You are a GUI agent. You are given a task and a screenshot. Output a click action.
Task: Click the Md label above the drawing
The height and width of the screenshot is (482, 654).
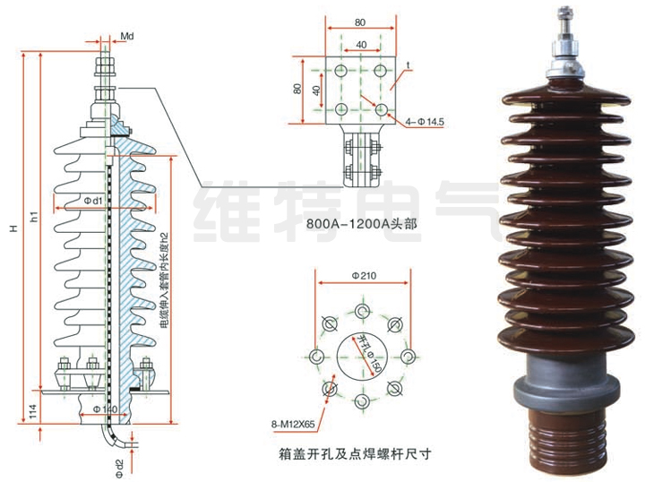pyautogui.click(x=127, y=36)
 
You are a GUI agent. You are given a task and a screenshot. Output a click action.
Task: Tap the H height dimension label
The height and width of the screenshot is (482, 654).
pyautogui.click(x=13, y=229)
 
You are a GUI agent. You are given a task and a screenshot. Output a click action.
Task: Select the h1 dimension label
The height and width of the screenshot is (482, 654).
pyautogui.click(x=34, y=216)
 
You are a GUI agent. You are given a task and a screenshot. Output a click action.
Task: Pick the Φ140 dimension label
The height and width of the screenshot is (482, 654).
pyautogui.click(x=105, y=409)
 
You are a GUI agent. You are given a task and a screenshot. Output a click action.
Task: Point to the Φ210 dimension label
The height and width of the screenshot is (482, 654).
pyautogui.click(x=363, y=276)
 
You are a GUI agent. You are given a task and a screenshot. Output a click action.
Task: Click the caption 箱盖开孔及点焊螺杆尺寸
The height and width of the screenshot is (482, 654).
pyautogui.click(x=356, y=453)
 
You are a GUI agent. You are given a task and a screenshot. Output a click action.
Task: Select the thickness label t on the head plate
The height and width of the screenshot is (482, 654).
pyautogui.click(x=408, y=65)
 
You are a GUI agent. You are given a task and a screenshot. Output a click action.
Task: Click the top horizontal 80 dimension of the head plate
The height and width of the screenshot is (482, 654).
pyautogui.click(x=359, y=20)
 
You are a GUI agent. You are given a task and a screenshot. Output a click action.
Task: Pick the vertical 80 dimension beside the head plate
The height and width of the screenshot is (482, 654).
pyautogui.click(x=298, y=90)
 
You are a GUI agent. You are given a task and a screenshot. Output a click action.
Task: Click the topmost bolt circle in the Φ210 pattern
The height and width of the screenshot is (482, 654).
pyautogui.click(x=362, y=311)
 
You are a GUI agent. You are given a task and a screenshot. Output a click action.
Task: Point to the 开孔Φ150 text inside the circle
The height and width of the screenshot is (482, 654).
pyautogui.click(x=367, y=355)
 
